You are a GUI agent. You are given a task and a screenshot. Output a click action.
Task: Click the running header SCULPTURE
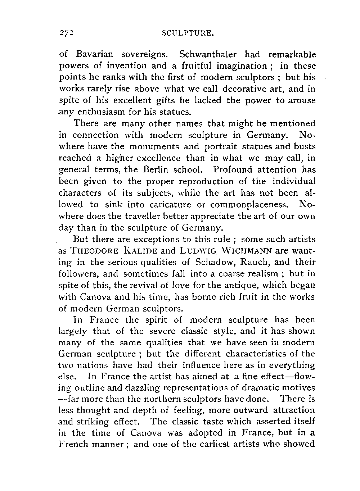pyautogui.click(x=188, y=33)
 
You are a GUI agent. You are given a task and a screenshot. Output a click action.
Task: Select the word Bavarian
pyautogui.click(x=95, y=55)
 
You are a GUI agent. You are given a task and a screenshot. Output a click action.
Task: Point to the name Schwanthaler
pyautogui.click(x=208, y=55)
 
